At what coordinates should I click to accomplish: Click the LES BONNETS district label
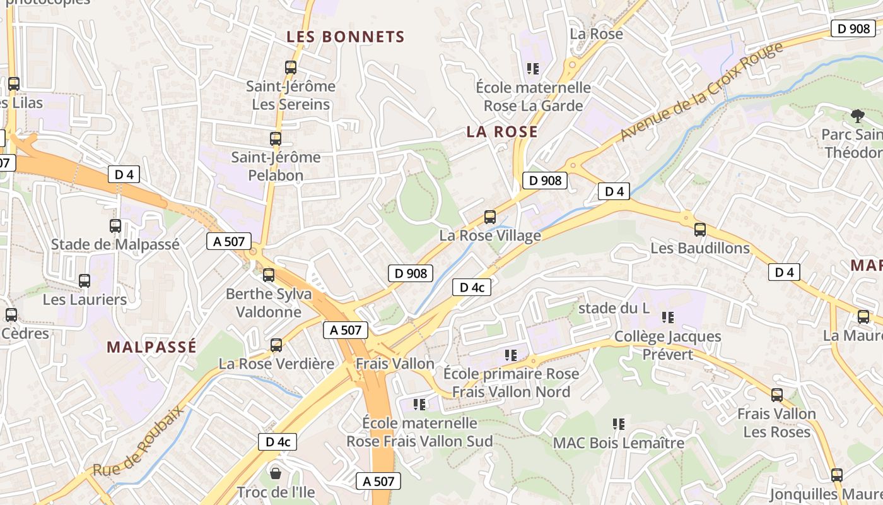coord(345,37)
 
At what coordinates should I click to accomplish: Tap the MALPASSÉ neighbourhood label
coord(151,347)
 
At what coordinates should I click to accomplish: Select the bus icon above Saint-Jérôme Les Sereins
coord(291,67)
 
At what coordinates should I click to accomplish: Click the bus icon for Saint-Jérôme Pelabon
coord(276,138)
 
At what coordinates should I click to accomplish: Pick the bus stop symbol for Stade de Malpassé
coord(115,225)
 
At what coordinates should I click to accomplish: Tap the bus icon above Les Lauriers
coord(85,280)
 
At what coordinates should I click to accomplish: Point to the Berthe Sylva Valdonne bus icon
coord(269,275)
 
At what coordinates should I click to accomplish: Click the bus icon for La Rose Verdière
coord(276,345)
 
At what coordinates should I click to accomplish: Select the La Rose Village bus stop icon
coord(490,217)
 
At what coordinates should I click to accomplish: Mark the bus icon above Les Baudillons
coord(700,229)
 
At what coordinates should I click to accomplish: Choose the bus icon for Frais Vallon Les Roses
coord(777,395)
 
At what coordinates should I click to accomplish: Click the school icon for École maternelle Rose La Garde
coord(533,68)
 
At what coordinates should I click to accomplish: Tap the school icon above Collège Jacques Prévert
coord(668,317)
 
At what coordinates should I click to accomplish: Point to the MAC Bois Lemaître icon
coord(619,424)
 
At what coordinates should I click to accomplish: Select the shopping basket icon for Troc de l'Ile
coord(276,472)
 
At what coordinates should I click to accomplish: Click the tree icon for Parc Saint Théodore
coord(857,116)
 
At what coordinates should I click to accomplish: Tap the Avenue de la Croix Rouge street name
coord(701,92)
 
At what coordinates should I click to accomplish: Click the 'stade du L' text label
coord(614,308)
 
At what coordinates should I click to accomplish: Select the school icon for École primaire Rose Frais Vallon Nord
coord(511,355)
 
